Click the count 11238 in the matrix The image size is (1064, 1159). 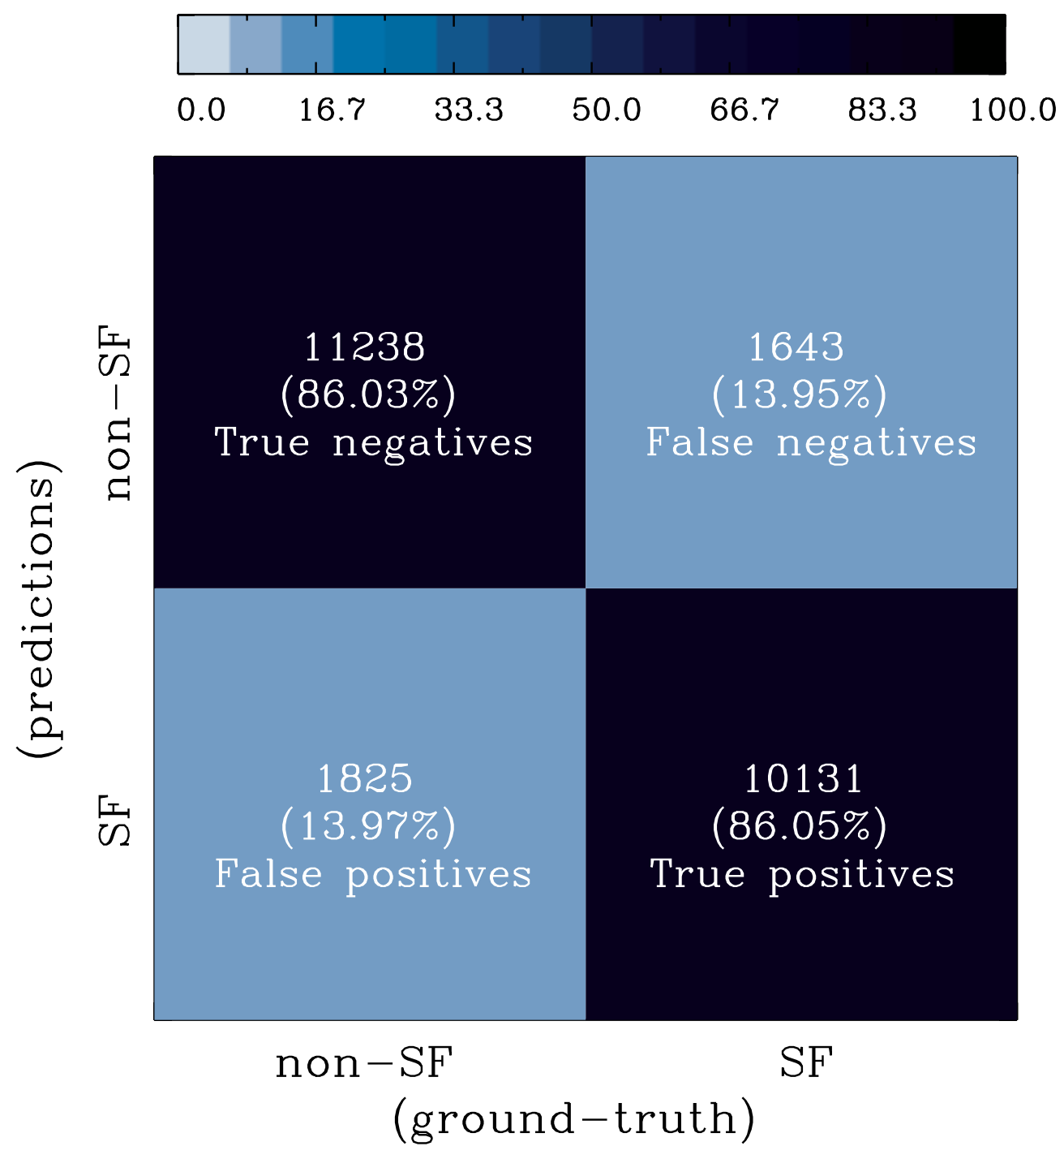click(x=364, y=347)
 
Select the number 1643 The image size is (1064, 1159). click(x=796, y=347)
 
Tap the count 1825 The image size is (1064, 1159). click(x=364, y=779)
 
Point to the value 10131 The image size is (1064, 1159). click(x=803, y=779)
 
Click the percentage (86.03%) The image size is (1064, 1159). click(x=368, y=395)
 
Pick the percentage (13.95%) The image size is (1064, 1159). click(x=800, y=395)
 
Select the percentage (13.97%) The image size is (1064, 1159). click(x=368, y=827)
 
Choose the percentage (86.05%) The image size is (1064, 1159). click(x=800, y=827)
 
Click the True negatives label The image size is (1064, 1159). click(x=374, y=443)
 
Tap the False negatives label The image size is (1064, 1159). click(x=811, y=443)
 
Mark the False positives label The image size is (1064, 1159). click(x=373, y=875)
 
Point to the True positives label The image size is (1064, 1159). click(x=802, y=875)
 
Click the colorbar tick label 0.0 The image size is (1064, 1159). click(x=202, y=110)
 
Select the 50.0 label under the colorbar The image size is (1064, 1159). click(x=607, y=110)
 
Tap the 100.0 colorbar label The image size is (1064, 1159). click(x=1013, y=110)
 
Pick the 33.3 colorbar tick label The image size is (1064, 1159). click(x=469, y=110)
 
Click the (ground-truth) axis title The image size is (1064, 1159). click(x=574, y=1119)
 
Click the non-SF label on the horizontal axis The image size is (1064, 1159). click(x=363, y=1063)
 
